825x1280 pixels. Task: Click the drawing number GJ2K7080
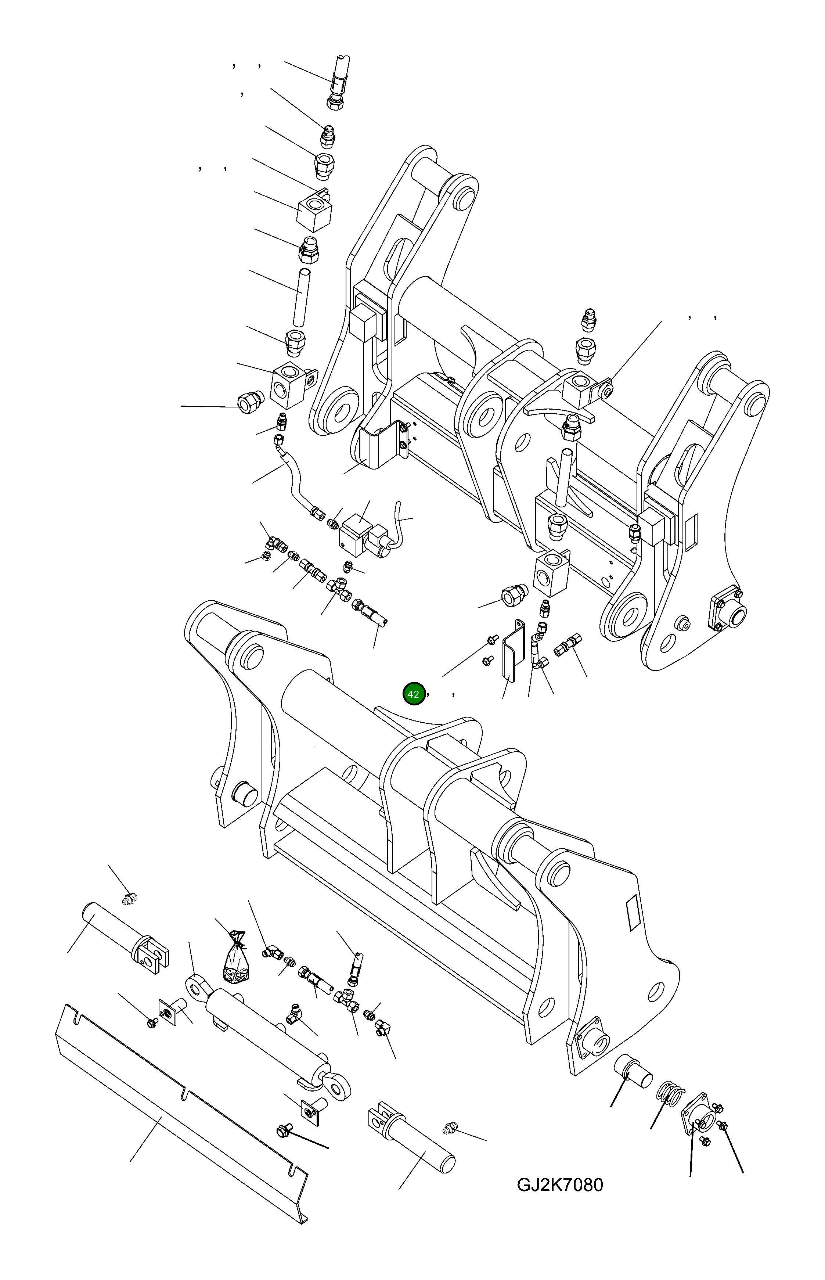point(559,1184)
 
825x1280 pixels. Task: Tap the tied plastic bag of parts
point(236,962)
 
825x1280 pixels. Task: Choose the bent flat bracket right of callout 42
point(512,651)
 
